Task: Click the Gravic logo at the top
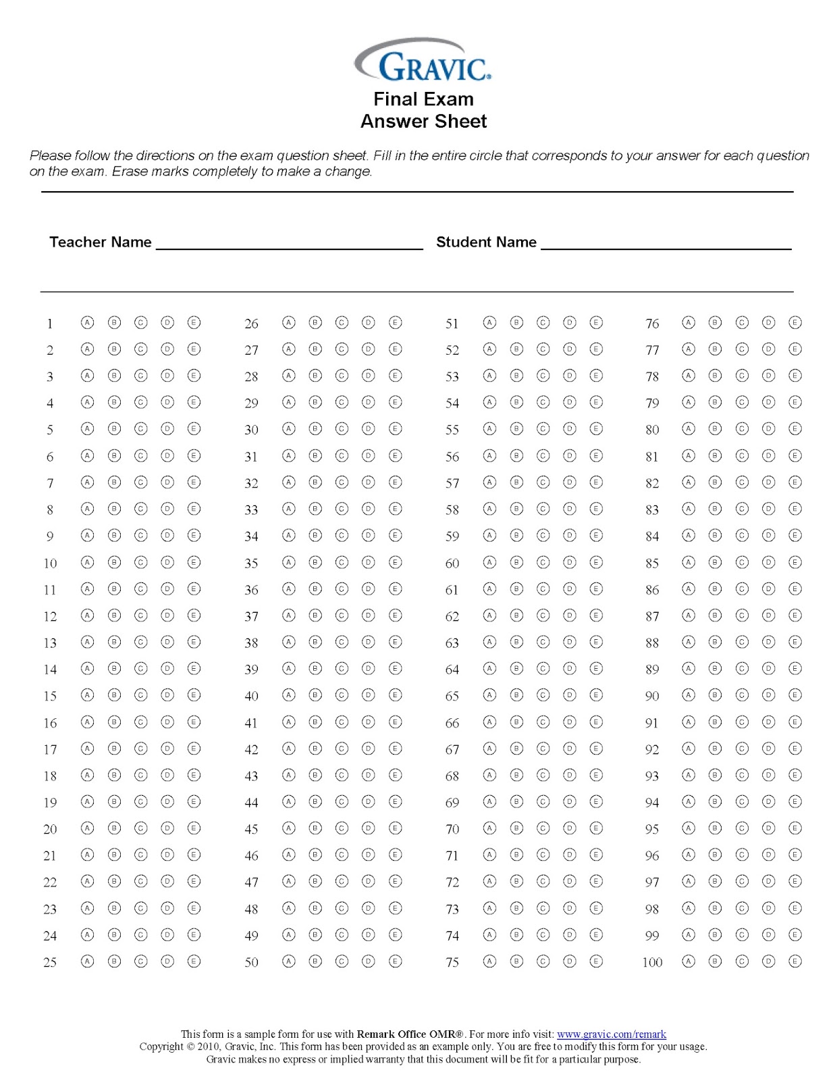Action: pos(423,61)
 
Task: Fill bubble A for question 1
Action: pos(88,322)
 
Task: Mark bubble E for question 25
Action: pos(194,961)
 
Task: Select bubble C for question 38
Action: pos(342,642)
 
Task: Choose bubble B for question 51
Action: pos(516,322)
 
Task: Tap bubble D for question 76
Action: pos(768,322)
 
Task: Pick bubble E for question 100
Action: pos(795,961)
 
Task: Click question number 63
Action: pos(452,643)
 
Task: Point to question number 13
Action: pos(50,643)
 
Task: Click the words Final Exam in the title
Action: pos(423,99)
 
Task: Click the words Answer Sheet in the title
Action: pos(423,122)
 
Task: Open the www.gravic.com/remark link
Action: pos(611,1034)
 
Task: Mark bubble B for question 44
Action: pos(315,801)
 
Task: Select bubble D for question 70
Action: pos(570,828)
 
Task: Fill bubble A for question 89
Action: pos(689,668)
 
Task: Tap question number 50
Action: pos(251,962)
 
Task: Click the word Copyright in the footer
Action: pos(161,1047)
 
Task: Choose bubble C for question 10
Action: pos(140,562)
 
